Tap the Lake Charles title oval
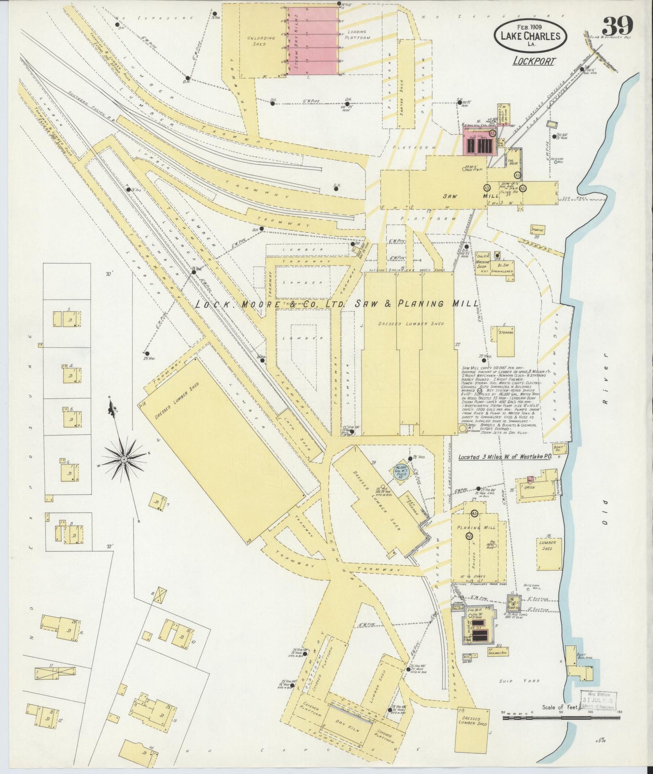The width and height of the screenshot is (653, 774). pyautogui.click(x=530, y=36)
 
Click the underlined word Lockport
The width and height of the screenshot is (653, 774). pyautogui.click(x=534, y=61)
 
